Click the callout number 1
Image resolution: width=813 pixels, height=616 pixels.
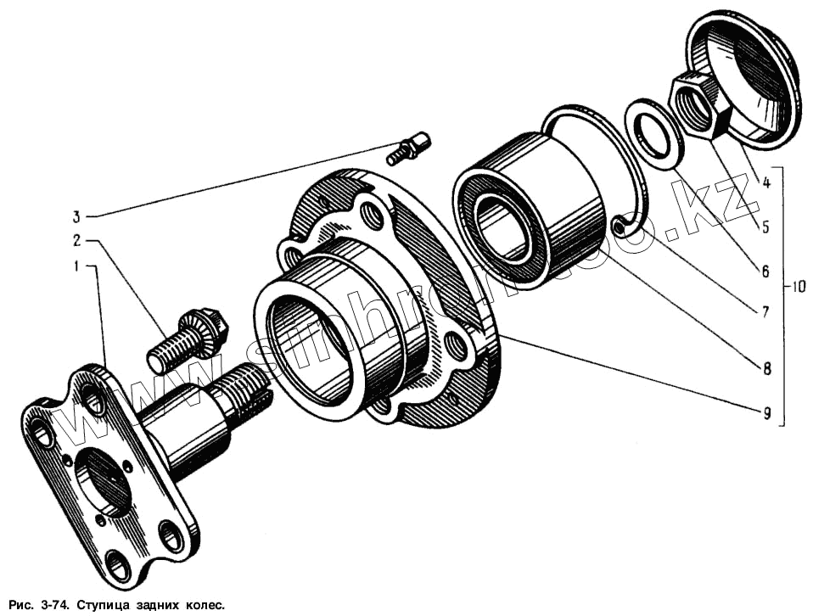pos(76,266)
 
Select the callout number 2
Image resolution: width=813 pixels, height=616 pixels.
pos(76,240)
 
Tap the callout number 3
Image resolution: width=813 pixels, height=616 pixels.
pos(76,215)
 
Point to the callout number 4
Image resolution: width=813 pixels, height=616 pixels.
pos(765,182)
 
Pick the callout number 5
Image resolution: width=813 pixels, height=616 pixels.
pos(765,227)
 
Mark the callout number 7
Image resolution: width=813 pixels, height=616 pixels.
pos(765,312)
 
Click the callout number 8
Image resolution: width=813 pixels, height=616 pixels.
pos(766,368)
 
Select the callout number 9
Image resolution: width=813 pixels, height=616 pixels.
pos(766,413)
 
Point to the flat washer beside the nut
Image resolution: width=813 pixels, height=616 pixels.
pos(655,133)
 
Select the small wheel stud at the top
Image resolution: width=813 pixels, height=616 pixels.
pos(409,148)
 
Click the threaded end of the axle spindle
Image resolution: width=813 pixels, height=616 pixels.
pos(244,391)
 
